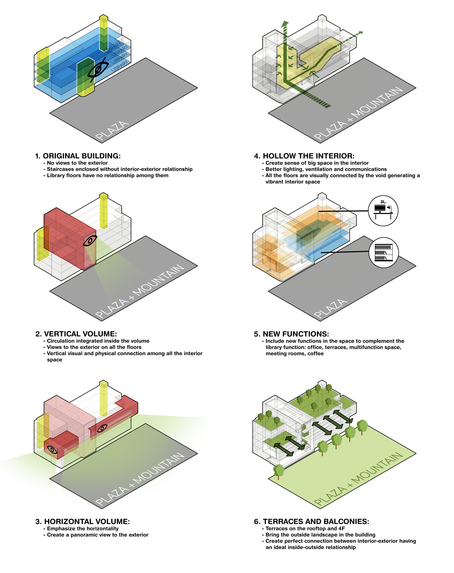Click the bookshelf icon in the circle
pyautogui.click(x=384, y=253)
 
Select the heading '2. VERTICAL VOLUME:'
pyautogui.click(x=76, y=334)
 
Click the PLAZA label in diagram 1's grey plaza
pyautogui.click(x=112, y=130)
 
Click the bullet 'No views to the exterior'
pyautogui.click(x=77, y=163)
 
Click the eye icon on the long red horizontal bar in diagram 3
pyautogui.click(x=102, y=428)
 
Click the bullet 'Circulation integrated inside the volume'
pyautogui.click(x=98, y=341)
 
